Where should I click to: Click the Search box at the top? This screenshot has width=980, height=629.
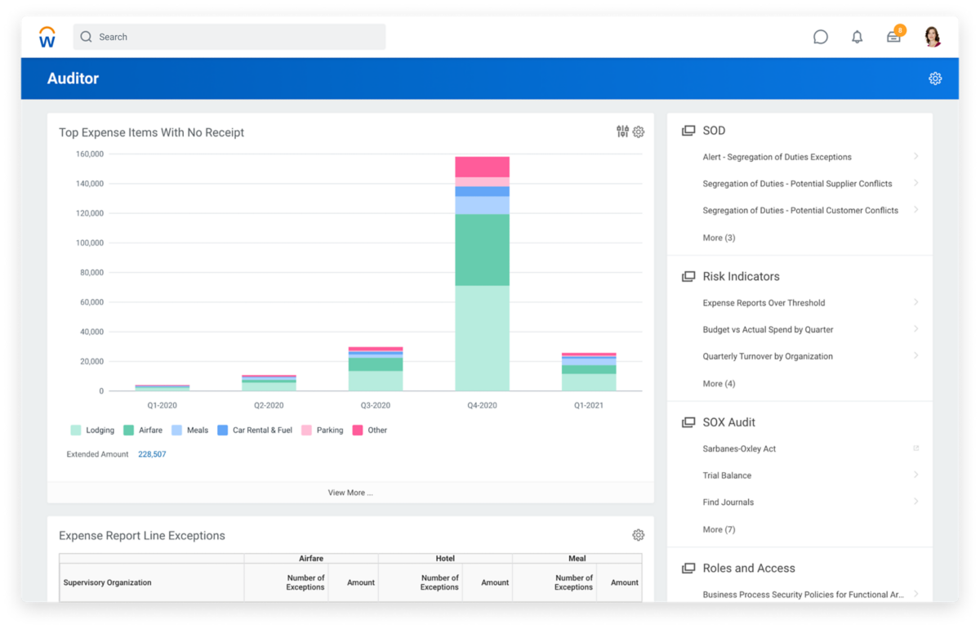click(x=229, y=37)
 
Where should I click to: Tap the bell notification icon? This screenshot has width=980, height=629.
click(x=857, y=37)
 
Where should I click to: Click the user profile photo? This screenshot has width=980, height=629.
click(x=933, y=37)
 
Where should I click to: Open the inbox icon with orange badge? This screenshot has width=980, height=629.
click(x=894, y=37)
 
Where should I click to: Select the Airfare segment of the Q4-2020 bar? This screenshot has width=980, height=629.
click(x=482, y=249)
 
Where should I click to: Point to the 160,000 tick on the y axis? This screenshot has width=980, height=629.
click(x=90, y=154)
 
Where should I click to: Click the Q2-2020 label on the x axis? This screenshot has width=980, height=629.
click(x=269, y=405)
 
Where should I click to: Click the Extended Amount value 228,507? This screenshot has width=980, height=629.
click(x=152, y=454)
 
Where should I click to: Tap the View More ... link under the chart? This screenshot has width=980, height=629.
click(x=350, y=493)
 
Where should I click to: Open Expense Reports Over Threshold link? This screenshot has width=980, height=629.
click(x=764, y=303)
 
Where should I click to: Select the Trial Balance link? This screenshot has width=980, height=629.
click(x=727, y=475)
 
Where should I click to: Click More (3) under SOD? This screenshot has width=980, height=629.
click(x=719, y=238)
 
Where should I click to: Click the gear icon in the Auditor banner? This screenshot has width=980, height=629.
click(x=935, y=78)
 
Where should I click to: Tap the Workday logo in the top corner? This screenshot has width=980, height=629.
click(x=47, y=37)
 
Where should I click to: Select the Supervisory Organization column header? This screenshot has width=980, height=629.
click(x=108, y=582)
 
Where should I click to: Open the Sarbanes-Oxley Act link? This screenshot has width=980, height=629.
click(x=739, y=448)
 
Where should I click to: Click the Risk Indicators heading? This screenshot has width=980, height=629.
click(x=741, y=276)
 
